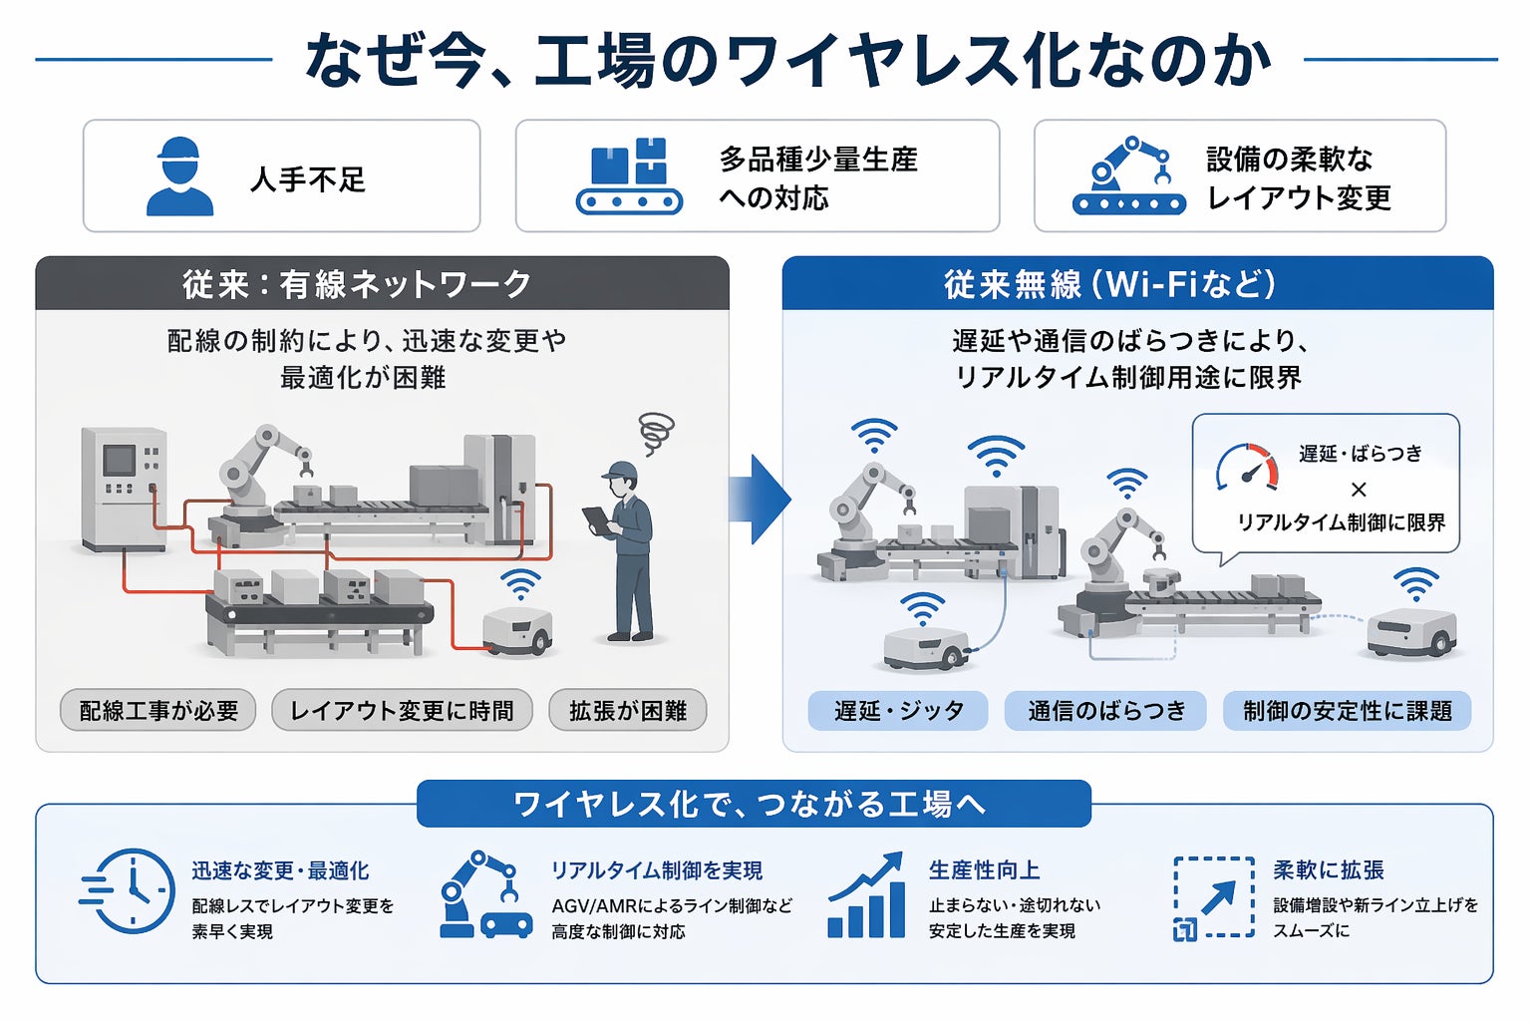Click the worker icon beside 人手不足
click(x=179, y=176)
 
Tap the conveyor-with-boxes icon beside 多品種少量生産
click(x=629, y=176)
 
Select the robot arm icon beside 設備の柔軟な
click(x=1128, y=176)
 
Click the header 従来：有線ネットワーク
click(x=382, y=284)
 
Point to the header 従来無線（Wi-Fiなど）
click(x=1136, y=284)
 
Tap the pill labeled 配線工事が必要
click(x=158, y=711)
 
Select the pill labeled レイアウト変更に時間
click(x=402, y=711)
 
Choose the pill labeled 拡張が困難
click(x=628, y=711)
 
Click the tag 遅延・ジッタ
click(x=898, y=711)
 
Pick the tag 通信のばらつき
click(x=1106, y=711)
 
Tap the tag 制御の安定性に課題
click(x=1347, y=711)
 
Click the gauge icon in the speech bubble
click(x=1247, y=467)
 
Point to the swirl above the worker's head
click(x=656, y=433)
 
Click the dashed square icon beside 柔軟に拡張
click(x=1213, y=897)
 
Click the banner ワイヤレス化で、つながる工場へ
click(x=754, y=804)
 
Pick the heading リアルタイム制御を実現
click(x=657, y=870)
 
